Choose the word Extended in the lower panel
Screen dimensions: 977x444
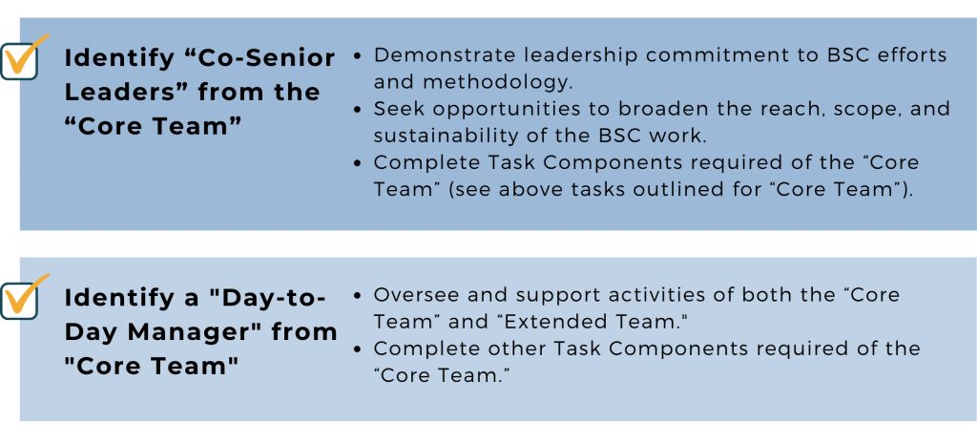coord(533,322)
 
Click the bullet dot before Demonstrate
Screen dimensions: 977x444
coord(357,55)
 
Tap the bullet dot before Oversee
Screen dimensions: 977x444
coord(357,295)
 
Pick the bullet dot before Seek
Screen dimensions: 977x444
coord(357,109)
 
